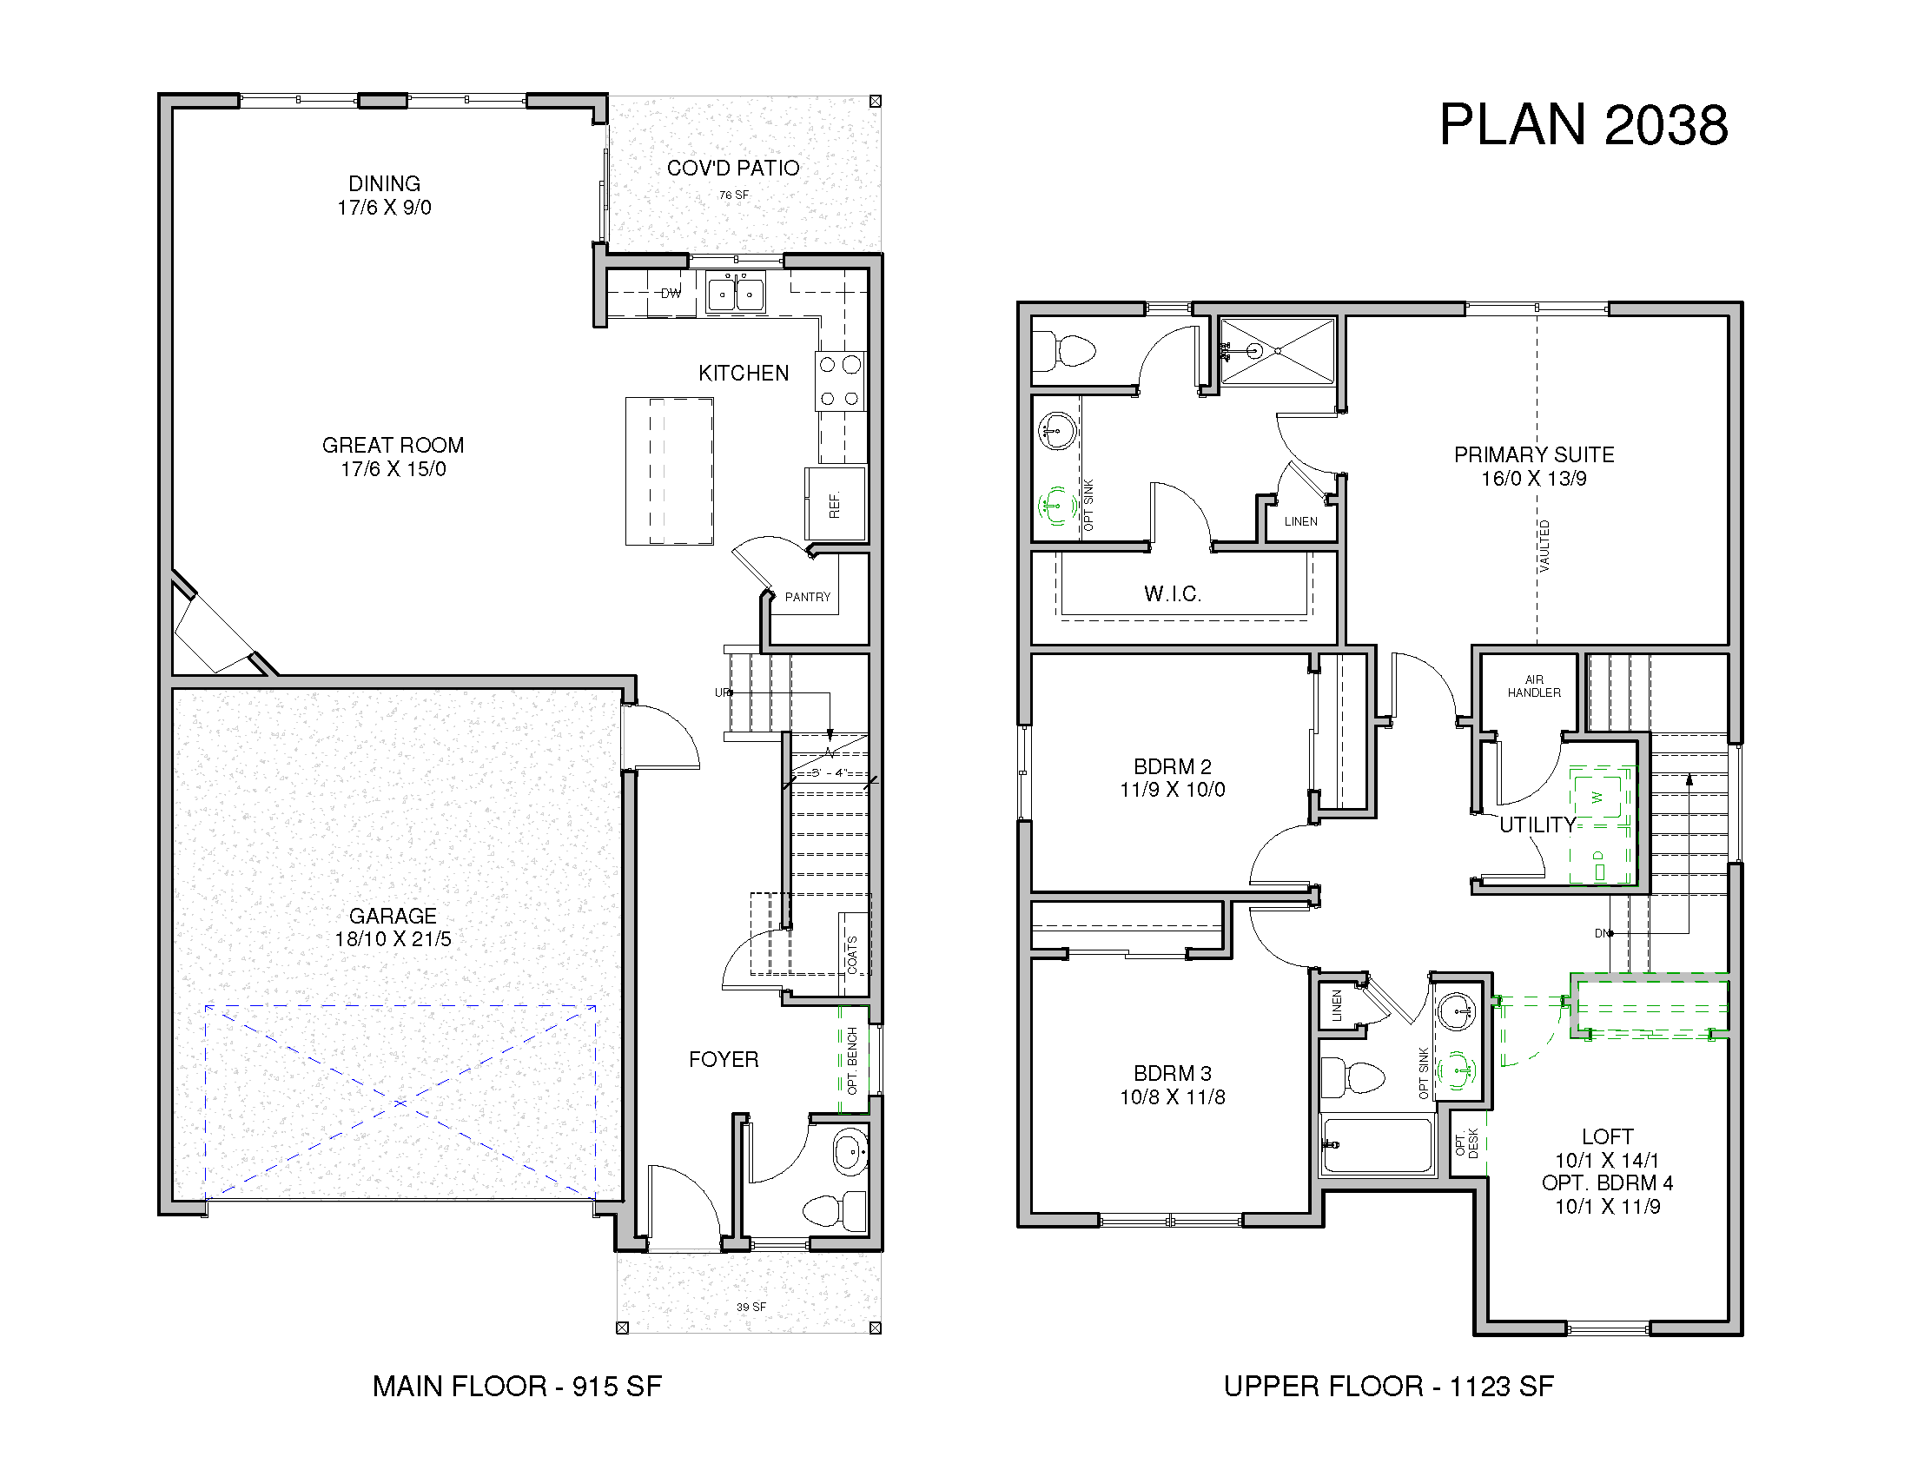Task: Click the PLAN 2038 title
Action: coord(1584,125)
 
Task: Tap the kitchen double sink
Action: coord(735,292)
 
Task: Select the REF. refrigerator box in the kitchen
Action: coord(835,504)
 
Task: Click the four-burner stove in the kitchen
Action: coord(840,381)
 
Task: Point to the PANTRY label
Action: coord(807,597)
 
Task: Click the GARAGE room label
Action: coord(393,915)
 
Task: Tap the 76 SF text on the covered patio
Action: coord(734,195)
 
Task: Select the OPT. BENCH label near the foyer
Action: coord(852,1061)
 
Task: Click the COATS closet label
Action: coord(852,954)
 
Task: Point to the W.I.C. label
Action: coord(1173,594)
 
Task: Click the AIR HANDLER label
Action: coord(1534,686)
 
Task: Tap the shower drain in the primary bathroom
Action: coord(1278,351)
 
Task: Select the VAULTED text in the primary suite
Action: coord(1544,546)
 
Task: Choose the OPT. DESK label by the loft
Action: coord(1466,1142)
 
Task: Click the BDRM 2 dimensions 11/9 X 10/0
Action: coord(1173,789)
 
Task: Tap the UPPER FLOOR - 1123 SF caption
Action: coord(1389,1386)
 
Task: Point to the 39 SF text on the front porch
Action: coord(751,1308)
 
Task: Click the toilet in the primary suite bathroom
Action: coord(1064,352)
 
